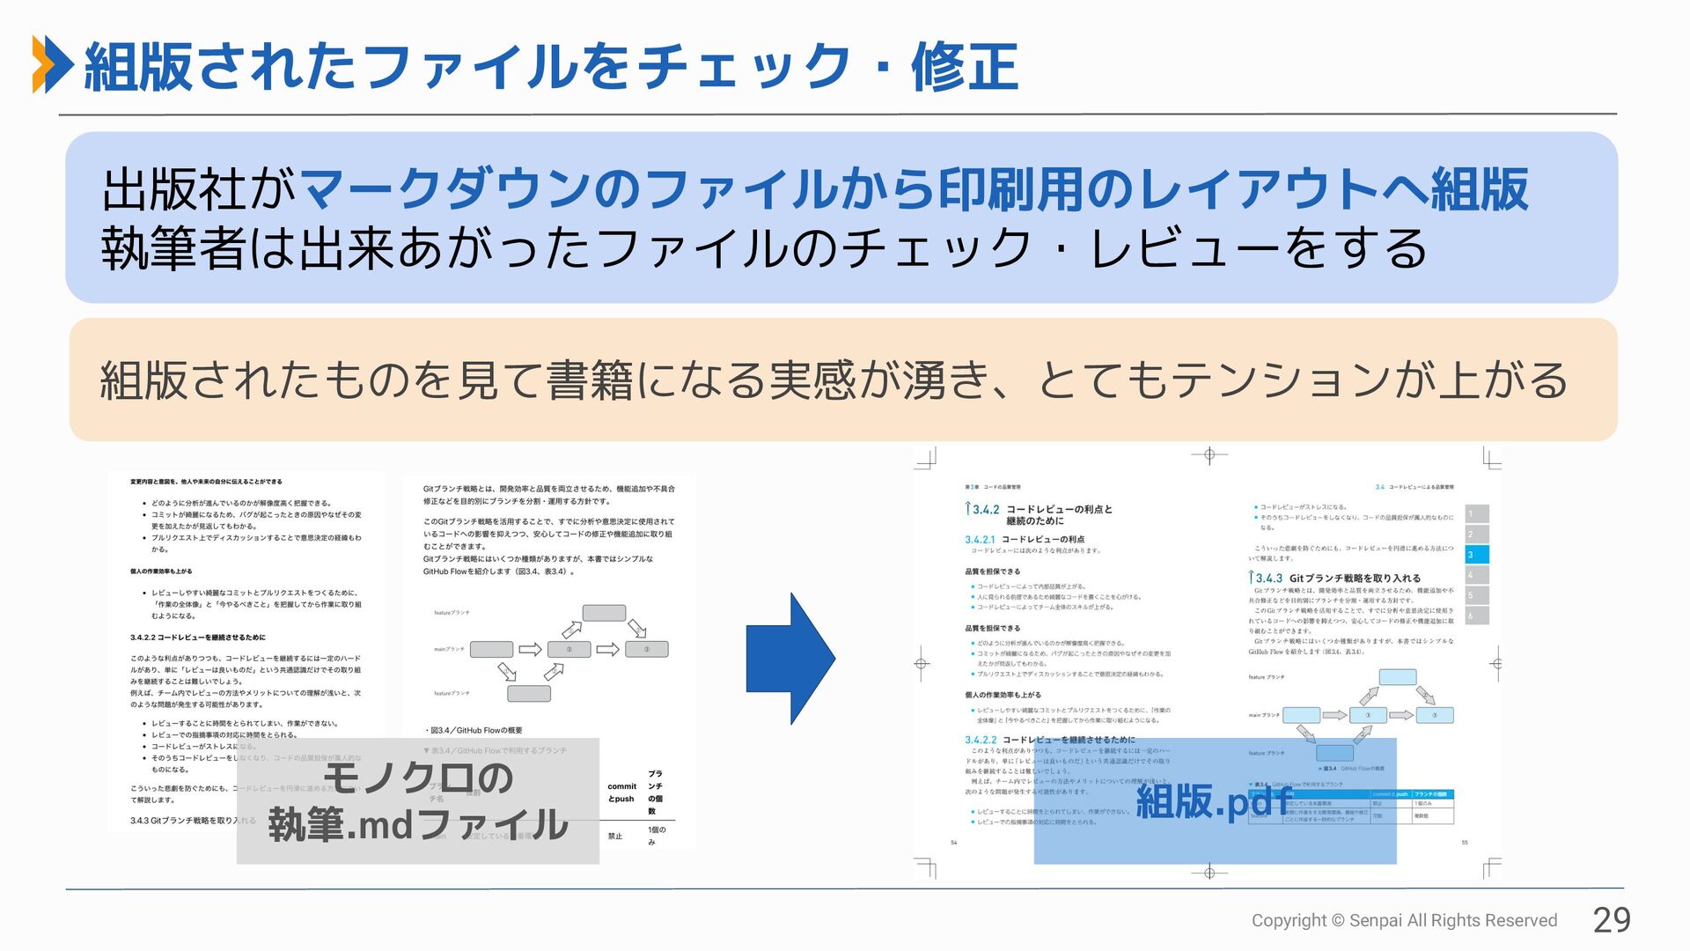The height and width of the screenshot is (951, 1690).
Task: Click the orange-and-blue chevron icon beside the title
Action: (x=52, y=64)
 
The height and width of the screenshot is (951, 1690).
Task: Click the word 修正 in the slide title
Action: (x=965, y=68)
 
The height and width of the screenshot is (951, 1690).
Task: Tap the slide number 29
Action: (x=1612, y=920)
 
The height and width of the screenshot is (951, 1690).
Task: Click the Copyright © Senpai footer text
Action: (x=1404, y=920)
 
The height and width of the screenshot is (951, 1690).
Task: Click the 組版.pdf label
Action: (x=1215, y=800)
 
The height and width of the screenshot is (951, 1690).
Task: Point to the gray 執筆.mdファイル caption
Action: (x=418, y=801)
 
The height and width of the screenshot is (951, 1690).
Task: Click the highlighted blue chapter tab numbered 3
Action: (x=1476, y=555)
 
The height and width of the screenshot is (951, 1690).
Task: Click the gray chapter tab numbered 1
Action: (x=1476, y=513)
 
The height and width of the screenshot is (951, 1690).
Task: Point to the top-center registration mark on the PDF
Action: (x=1209, y=455)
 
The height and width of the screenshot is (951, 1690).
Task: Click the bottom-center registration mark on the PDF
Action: (x=1209, y=872)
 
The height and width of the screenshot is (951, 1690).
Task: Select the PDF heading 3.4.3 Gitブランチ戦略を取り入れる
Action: (x=1335, y=579)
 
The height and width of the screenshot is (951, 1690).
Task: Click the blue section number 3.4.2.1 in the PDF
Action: (x=980, y=540)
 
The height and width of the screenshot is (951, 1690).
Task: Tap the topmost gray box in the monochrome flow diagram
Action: (x=604, y=613)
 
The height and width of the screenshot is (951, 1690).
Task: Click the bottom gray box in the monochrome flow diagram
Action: (x=529, y=693)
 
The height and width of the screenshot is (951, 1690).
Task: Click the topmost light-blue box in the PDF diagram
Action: (x=1398, y=677)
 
